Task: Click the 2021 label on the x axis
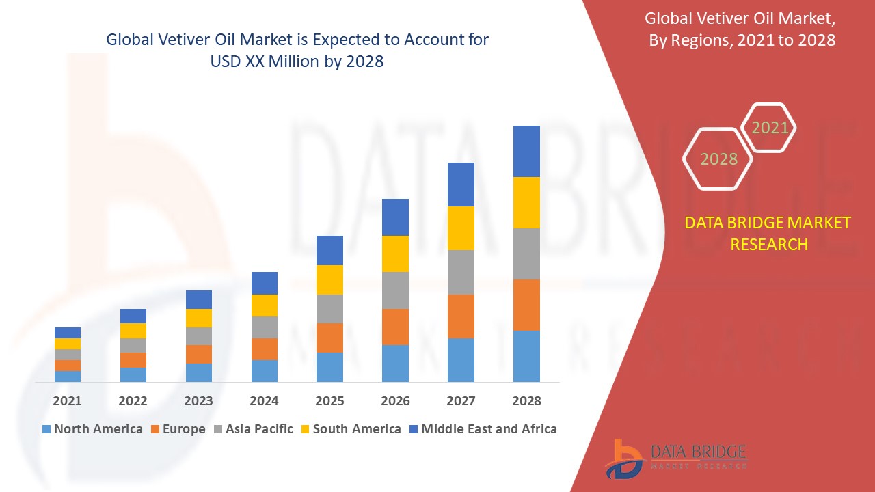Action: pyautogui.click(x=67, y=400)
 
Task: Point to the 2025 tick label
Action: pyautogui.click(x=329, y=400)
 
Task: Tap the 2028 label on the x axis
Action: pyautogui.click(x=526, y=400)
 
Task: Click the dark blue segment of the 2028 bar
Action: pyautogui.click(x=526, y=151)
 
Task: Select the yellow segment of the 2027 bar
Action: pyautogui.click(x=461, y=228)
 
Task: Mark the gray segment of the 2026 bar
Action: pyautogui.click(x=395, y=290)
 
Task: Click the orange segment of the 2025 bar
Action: pyautogui.click(x=329, y=338)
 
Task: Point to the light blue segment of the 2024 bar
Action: pyautogui.click(x=264, y=370)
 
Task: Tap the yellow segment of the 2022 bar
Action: pyautogui.click(x=133, y=331)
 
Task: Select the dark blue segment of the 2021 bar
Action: pyautogui.click(x=67, y=333)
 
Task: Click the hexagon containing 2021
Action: pyautogui.click(x=769, y=128)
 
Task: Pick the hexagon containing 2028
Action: pyautogui.click(x=718, y=159)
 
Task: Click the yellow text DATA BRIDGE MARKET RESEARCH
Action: pyautogui.click(x=768, y=234)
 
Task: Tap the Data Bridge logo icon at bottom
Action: pyautogui.click(x=623, y=458)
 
